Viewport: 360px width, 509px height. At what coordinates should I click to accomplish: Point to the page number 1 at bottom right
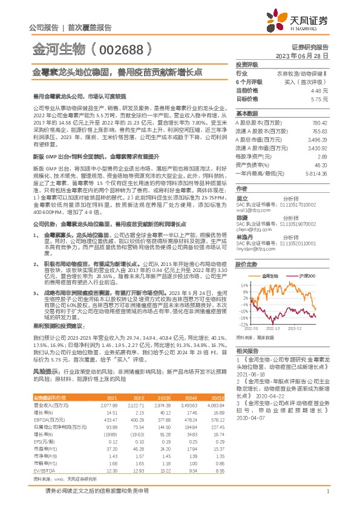tap(327, 498)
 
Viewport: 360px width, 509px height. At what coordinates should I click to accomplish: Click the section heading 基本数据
tap(246, 114)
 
